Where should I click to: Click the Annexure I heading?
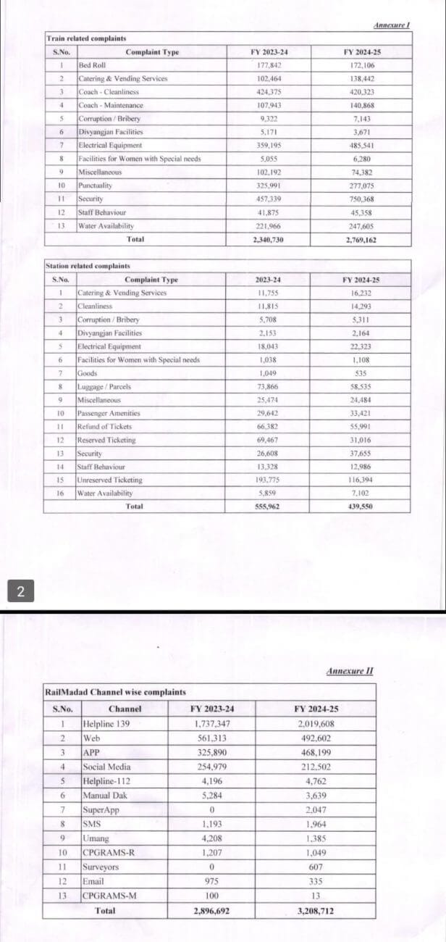tap(392, 26)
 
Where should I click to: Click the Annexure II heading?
tap(350, 671)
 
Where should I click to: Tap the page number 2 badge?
tap(20, 592)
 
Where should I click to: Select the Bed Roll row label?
tap(91, 65)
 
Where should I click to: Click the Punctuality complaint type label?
tap(95, 186)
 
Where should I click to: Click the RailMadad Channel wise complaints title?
tap(115, 693)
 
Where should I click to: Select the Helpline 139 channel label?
tap(107, 724)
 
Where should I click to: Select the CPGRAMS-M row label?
tap(110, 896)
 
